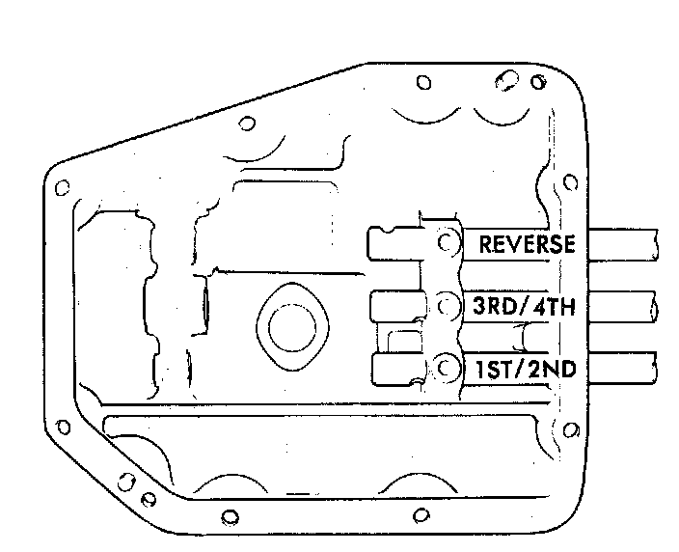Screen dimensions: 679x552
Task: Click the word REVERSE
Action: [527, 244]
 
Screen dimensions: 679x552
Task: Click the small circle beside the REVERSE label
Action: [447, 242]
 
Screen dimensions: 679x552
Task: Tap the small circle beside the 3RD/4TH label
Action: [446, 306]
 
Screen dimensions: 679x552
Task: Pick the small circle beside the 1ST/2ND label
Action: [446, 368]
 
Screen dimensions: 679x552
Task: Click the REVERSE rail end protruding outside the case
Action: [623, 245]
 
